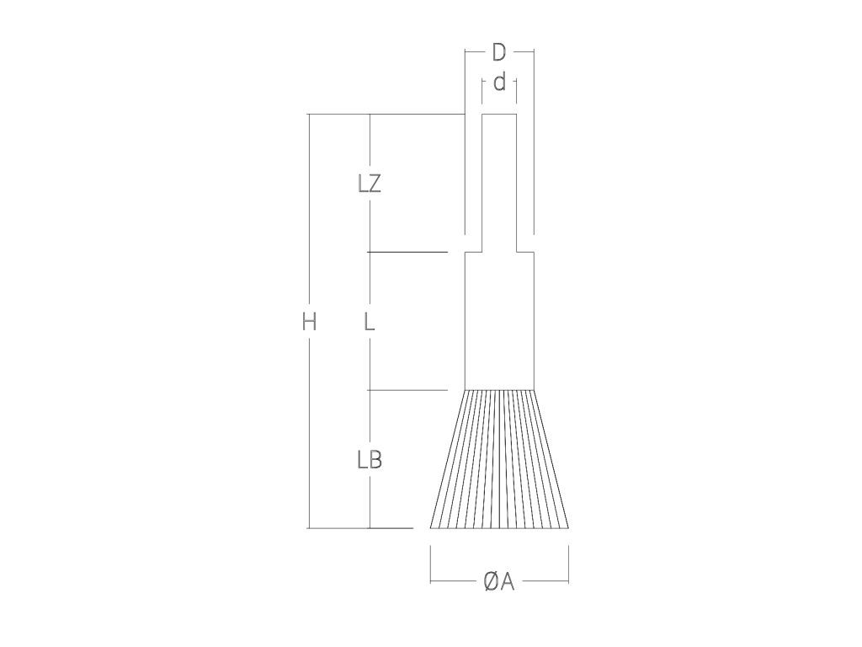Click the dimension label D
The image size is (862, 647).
(x=498, y=53)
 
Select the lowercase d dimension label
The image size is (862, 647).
(x=499, y=83)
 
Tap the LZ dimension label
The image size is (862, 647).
(x=370, y=184)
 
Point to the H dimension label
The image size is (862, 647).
(x=309, y=321)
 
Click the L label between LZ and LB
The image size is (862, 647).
(x=370, y=321)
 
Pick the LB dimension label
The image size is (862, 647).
(x=370, y=459)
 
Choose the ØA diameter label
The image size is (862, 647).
(x=498, y=581)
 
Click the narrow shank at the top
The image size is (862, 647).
(x=499, y=183)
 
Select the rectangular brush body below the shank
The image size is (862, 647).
(x=499, y=321)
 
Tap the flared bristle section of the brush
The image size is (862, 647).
(x=499, y=459)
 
